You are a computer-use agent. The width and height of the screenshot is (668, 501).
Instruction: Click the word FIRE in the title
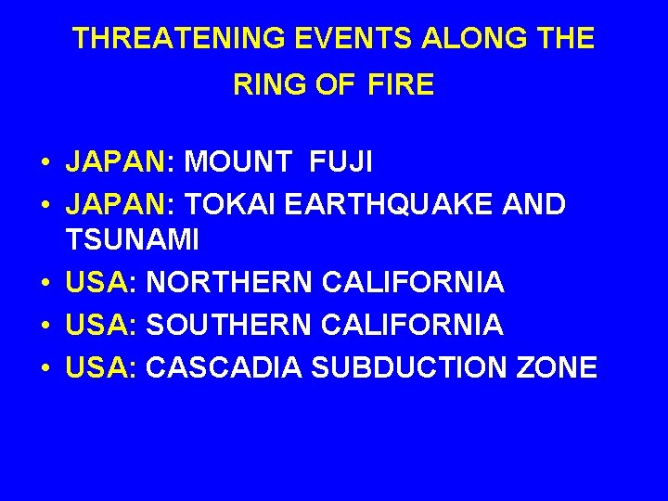(401, 85)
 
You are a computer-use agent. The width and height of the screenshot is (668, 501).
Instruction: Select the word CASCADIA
(225, 367)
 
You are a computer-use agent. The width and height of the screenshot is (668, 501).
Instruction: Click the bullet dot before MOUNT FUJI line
(45, 163)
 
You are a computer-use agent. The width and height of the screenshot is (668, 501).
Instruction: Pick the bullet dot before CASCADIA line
(45, 368)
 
